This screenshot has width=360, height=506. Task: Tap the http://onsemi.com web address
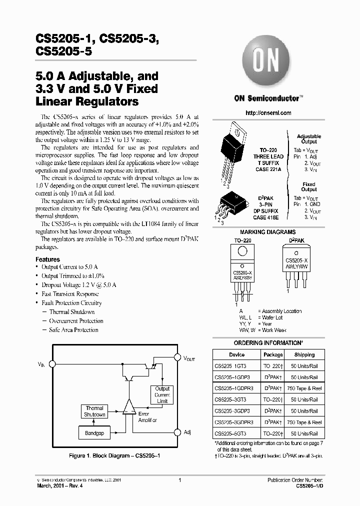coord(268,113)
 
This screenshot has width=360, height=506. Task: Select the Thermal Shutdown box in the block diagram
coord(94,411)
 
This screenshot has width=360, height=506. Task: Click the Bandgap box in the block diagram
coord(94,433)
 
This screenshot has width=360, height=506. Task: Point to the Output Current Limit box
coord(162,395)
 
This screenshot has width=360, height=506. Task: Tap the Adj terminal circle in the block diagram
coord(177,432)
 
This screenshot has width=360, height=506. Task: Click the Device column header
coord(236,354)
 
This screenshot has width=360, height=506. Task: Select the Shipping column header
coord(304,354)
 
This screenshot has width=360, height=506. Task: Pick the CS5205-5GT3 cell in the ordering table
coord(230,433)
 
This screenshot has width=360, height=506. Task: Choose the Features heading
coord(47,259)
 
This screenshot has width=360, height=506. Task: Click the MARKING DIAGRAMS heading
coord(268,232)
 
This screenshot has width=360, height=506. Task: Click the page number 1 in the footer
coord(179,480)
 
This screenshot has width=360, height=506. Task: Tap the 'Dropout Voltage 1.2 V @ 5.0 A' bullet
coord(79,285)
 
